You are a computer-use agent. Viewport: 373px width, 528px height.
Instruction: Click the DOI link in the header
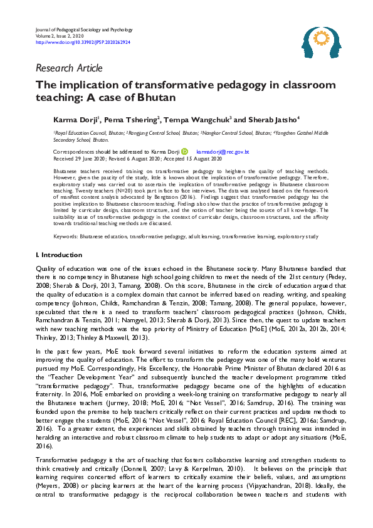tap(83, 42)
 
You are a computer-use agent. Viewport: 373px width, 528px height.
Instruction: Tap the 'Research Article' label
tap(69, 68)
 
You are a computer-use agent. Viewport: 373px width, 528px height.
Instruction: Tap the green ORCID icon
tap(184, 152)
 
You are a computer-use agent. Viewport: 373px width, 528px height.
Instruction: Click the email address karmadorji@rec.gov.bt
tap(223, 152)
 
